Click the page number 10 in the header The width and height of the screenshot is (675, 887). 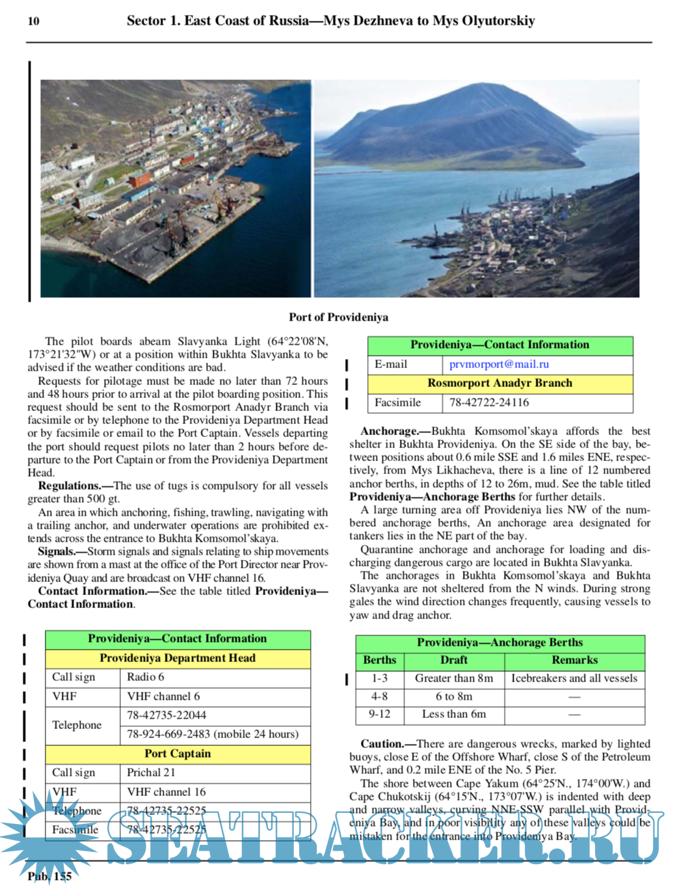click(x=33, y=21)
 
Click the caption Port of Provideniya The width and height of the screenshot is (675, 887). click(x=338, y=317)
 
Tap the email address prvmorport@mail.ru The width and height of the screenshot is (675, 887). click(x=499, y=364)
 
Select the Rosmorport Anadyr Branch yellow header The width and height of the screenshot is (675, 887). click(x=499, y=383)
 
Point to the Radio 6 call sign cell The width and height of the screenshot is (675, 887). click(x=146, y=677)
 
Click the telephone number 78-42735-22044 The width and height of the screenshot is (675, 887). click(x=166, y=715)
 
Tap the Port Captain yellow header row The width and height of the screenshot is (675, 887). click(x=178, y=754)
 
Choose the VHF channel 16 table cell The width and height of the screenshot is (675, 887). click(x=166, y=792)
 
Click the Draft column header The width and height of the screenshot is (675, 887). click(x=454, y=660)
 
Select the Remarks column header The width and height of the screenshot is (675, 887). click(x=574, y=660)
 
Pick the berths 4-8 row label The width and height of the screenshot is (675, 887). click(x=380, y=696)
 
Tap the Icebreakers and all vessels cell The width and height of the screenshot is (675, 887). click(x=574, y=678)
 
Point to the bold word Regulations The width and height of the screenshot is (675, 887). click(x=69, y=486)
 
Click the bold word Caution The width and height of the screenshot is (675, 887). click(x=382, y=744)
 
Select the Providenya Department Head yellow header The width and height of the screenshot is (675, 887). click(x=178, y=658)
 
